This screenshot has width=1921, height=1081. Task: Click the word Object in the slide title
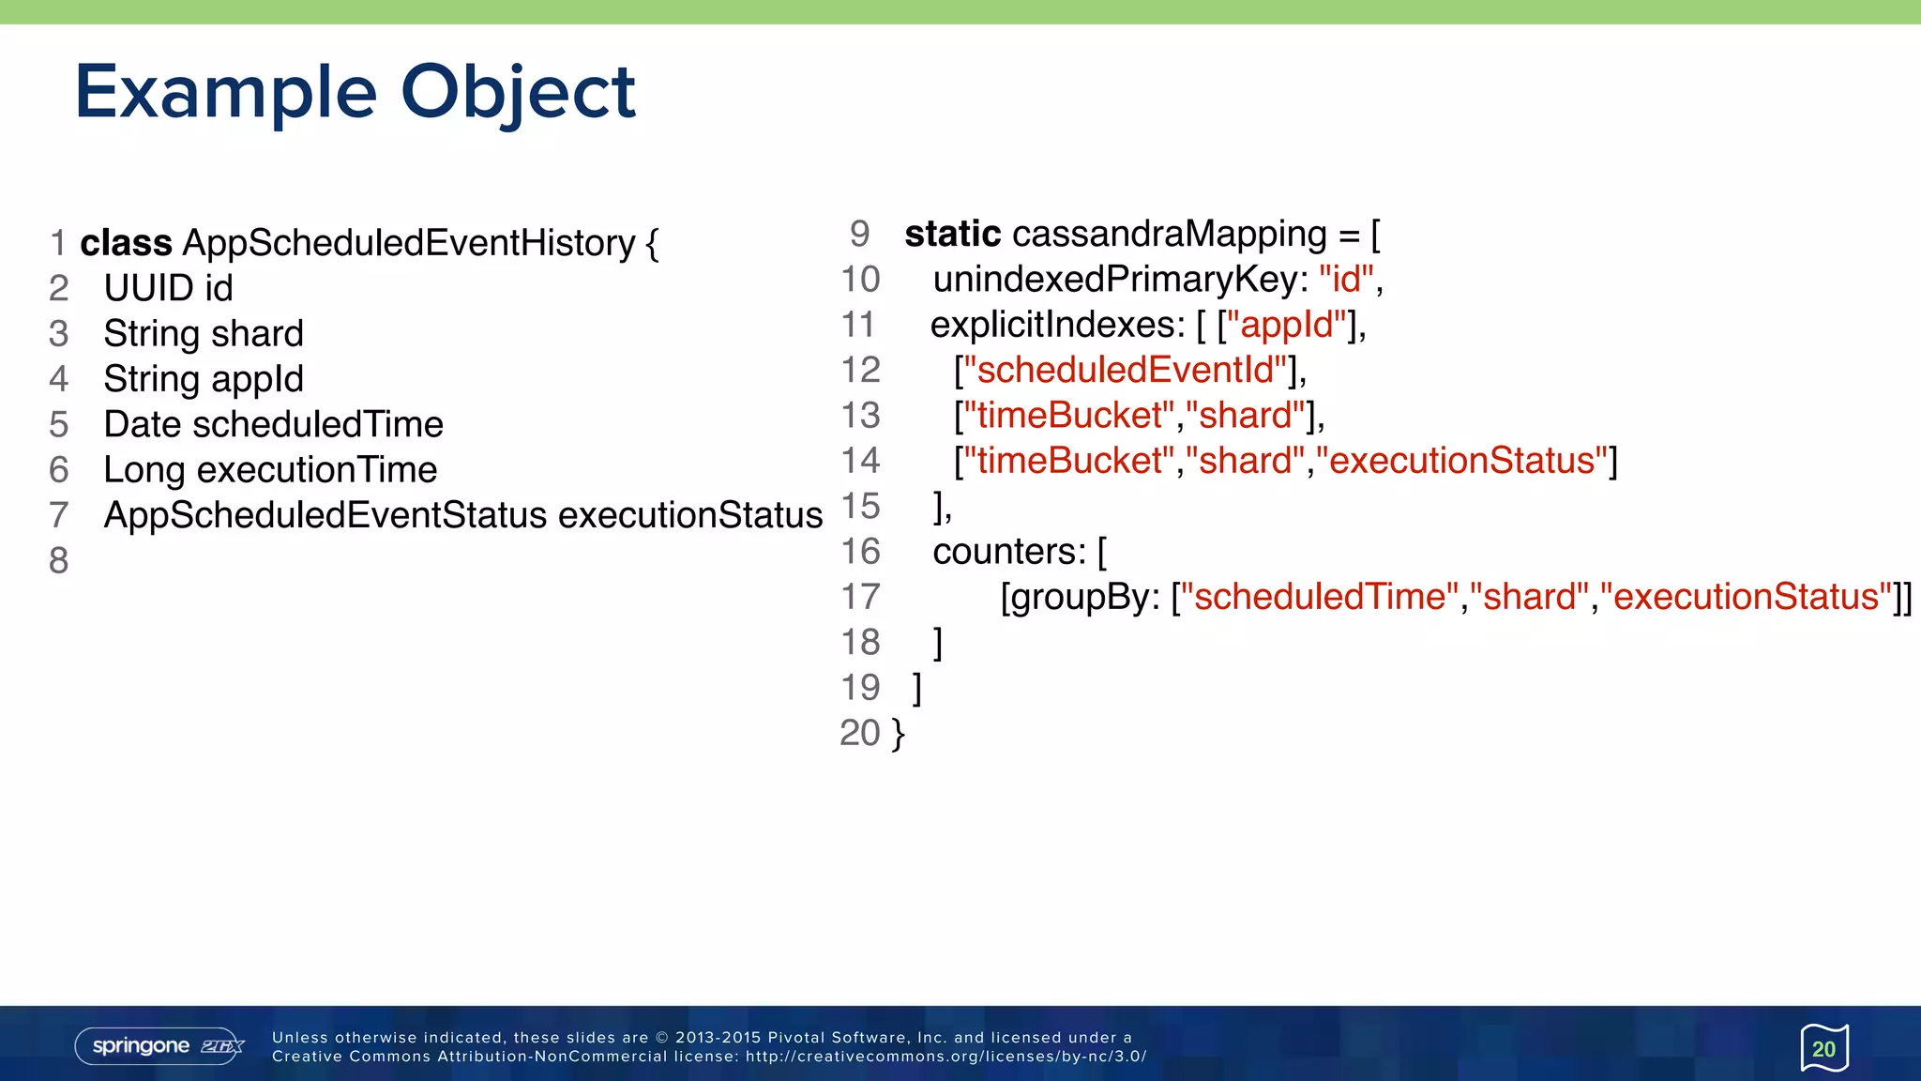click(x=518, y=92)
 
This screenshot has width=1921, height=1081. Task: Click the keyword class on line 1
click(x=126, y=243)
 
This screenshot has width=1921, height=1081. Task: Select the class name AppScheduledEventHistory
click(x=409, y=243)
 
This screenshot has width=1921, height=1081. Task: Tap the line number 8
click(x=58, y=560)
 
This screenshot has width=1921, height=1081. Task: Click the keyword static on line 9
click(x=952, y=234)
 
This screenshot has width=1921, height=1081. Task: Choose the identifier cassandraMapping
click(x=1169, y=234)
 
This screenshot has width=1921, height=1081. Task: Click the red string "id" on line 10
click(x=1346, y=279)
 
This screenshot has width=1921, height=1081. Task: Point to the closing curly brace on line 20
click(x=899, y=733)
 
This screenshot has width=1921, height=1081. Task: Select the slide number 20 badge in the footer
click(x=1823, y=1048)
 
